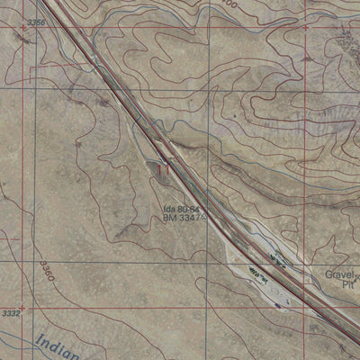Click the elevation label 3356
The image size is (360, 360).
click(x=36, y=21)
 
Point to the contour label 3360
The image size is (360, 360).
click(x=47, y=269)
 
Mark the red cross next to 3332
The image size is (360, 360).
click(x=24, y=307)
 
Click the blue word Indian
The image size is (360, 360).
click(x=52, y=345)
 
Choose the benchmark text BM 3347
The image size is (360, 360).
click(x=182, y=219)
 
